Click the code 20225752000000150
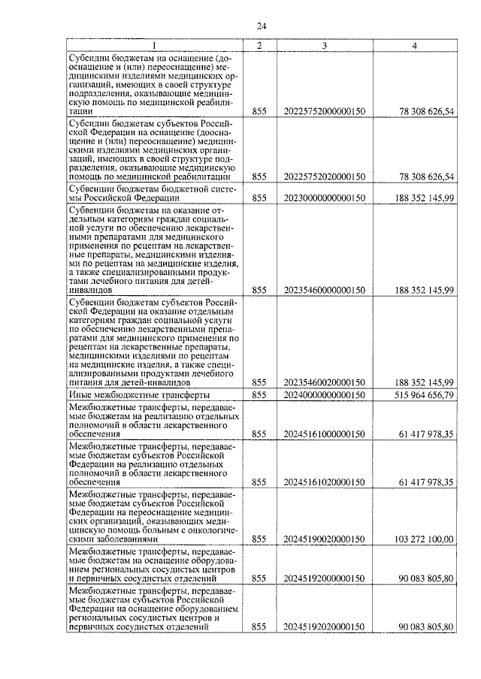pos(325,111)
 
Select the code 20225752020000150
pos(325,177)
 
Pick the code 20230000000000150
pos(325,198)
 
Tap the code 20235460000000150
pos(325,290)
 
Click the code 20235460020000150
pos(325,382)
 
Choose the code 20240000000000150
pos(325,394)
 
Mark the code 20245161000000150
pos(325,434)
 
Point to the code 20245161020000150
pos(325,481)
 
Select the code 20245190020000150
pos(325,539)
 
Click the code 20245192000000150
pos(325,579)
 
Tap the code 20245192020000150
pos(325,626)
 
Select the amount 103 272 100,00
pos(424,539)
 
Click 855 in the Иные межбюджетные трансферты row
pos(259,394)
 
